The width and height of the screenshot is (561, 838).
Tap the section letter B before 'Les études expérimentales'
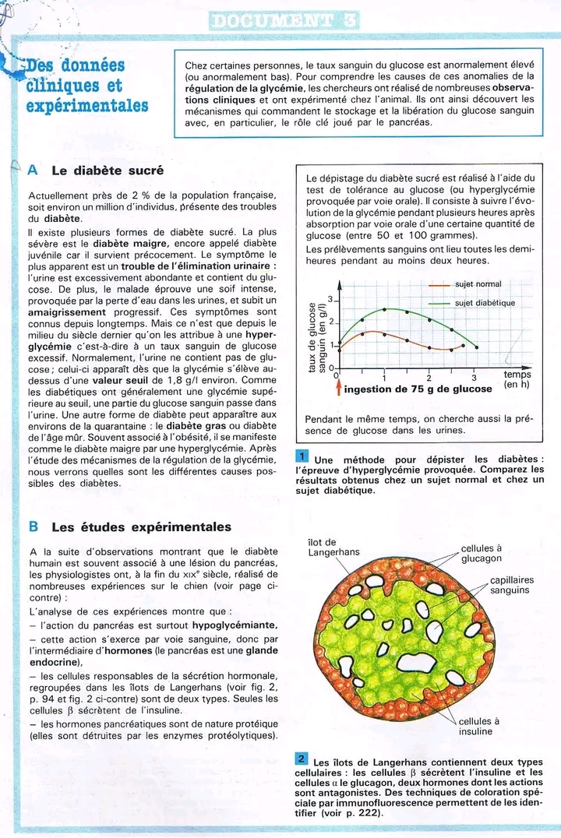pos(34,526)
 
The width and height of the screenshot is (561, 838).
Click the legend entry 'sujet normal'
pos(478,284)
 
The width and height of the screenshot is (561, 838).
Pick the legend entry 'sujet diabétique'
pos(484,303)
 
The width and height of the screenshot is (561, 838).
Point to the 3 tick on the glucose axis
pos(330,299)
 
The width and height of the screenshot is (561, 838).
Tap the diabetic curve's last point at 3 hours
pos(476,347)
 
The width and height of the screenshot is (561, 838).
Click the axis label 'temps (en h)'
pos(517,379)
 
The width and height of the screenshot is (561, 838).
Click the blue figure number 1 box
pos(303,456)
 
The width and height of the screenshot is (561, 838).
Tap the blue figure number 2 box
pos(302,759)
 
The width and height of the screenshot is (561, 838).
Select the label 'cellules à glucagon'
pos(482,553)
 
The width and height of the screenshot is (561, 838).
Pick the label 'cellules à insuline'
pos(478,726)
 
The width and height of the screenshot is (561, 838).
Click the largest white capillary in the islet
pos(418,662)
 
